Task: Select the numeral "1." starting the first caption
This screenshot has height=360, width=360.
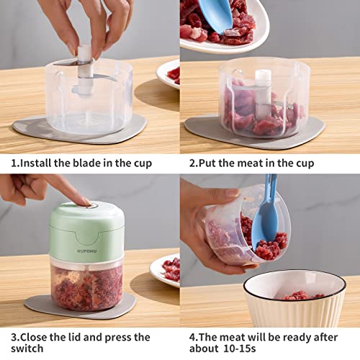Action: [x=13, y=163]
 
